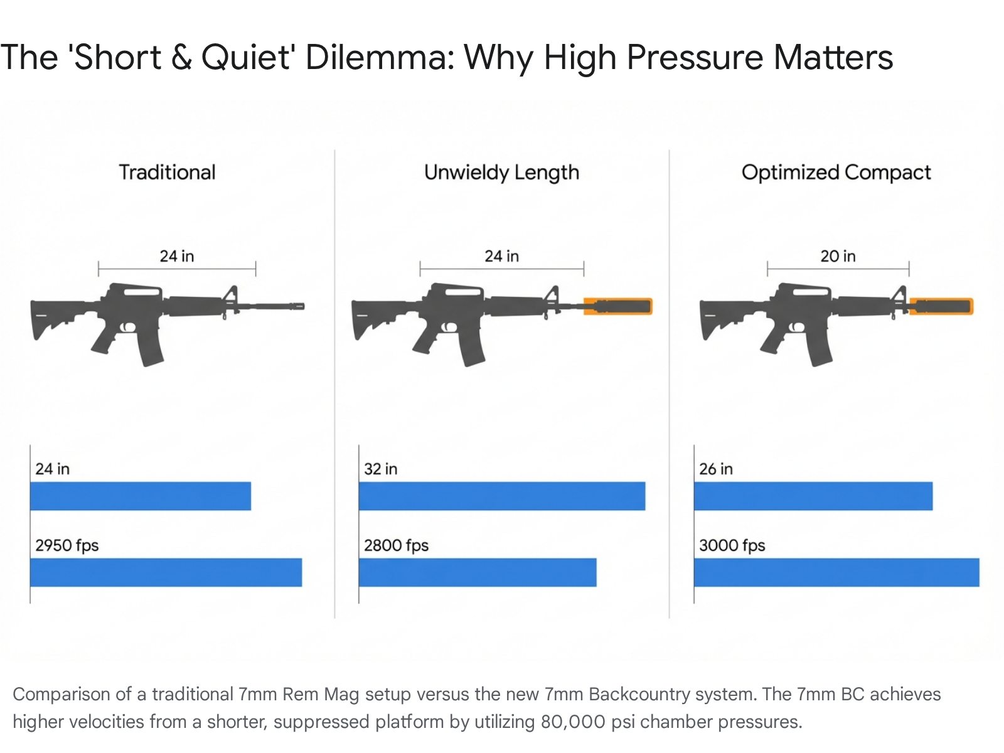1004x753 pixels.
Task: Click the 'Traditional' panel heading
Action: [167, 173]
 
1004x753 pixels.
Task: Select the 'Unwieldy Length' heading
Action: [501, 173]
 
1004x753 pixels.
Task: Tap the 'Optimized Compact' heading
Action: [836, 173]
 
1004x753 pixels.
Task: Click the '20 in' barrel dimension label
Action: [838, 256]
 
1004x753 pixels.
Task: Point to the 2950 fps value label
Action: [67, 545]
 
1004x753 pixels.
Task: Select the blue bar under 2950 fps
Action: [166, 572]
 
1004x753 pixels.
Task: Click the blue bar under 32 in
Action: [501, 496]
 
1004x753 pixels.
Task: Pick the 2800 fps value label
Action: [396, 545]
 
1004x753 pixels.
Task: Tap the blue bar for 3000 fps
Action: [836, 572]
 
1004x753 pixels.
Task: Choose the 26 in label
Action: [716, 469]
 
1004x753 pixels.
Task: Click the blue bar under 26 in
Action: [813, 496]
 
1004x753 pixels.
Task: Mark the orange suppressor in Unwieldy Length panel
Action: [618, 306]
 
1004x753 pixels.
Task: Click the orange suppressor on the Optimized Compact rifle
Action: [941, 306]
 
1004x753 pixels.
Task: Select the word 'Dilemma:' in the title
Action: [380, 58]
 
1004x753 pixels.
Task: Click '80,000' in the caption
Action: [572, 722]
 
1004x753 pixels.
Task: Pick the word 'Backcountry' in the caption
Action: [639, 694]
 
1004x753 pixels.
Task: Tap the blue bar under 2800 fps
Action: [477, 572]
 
